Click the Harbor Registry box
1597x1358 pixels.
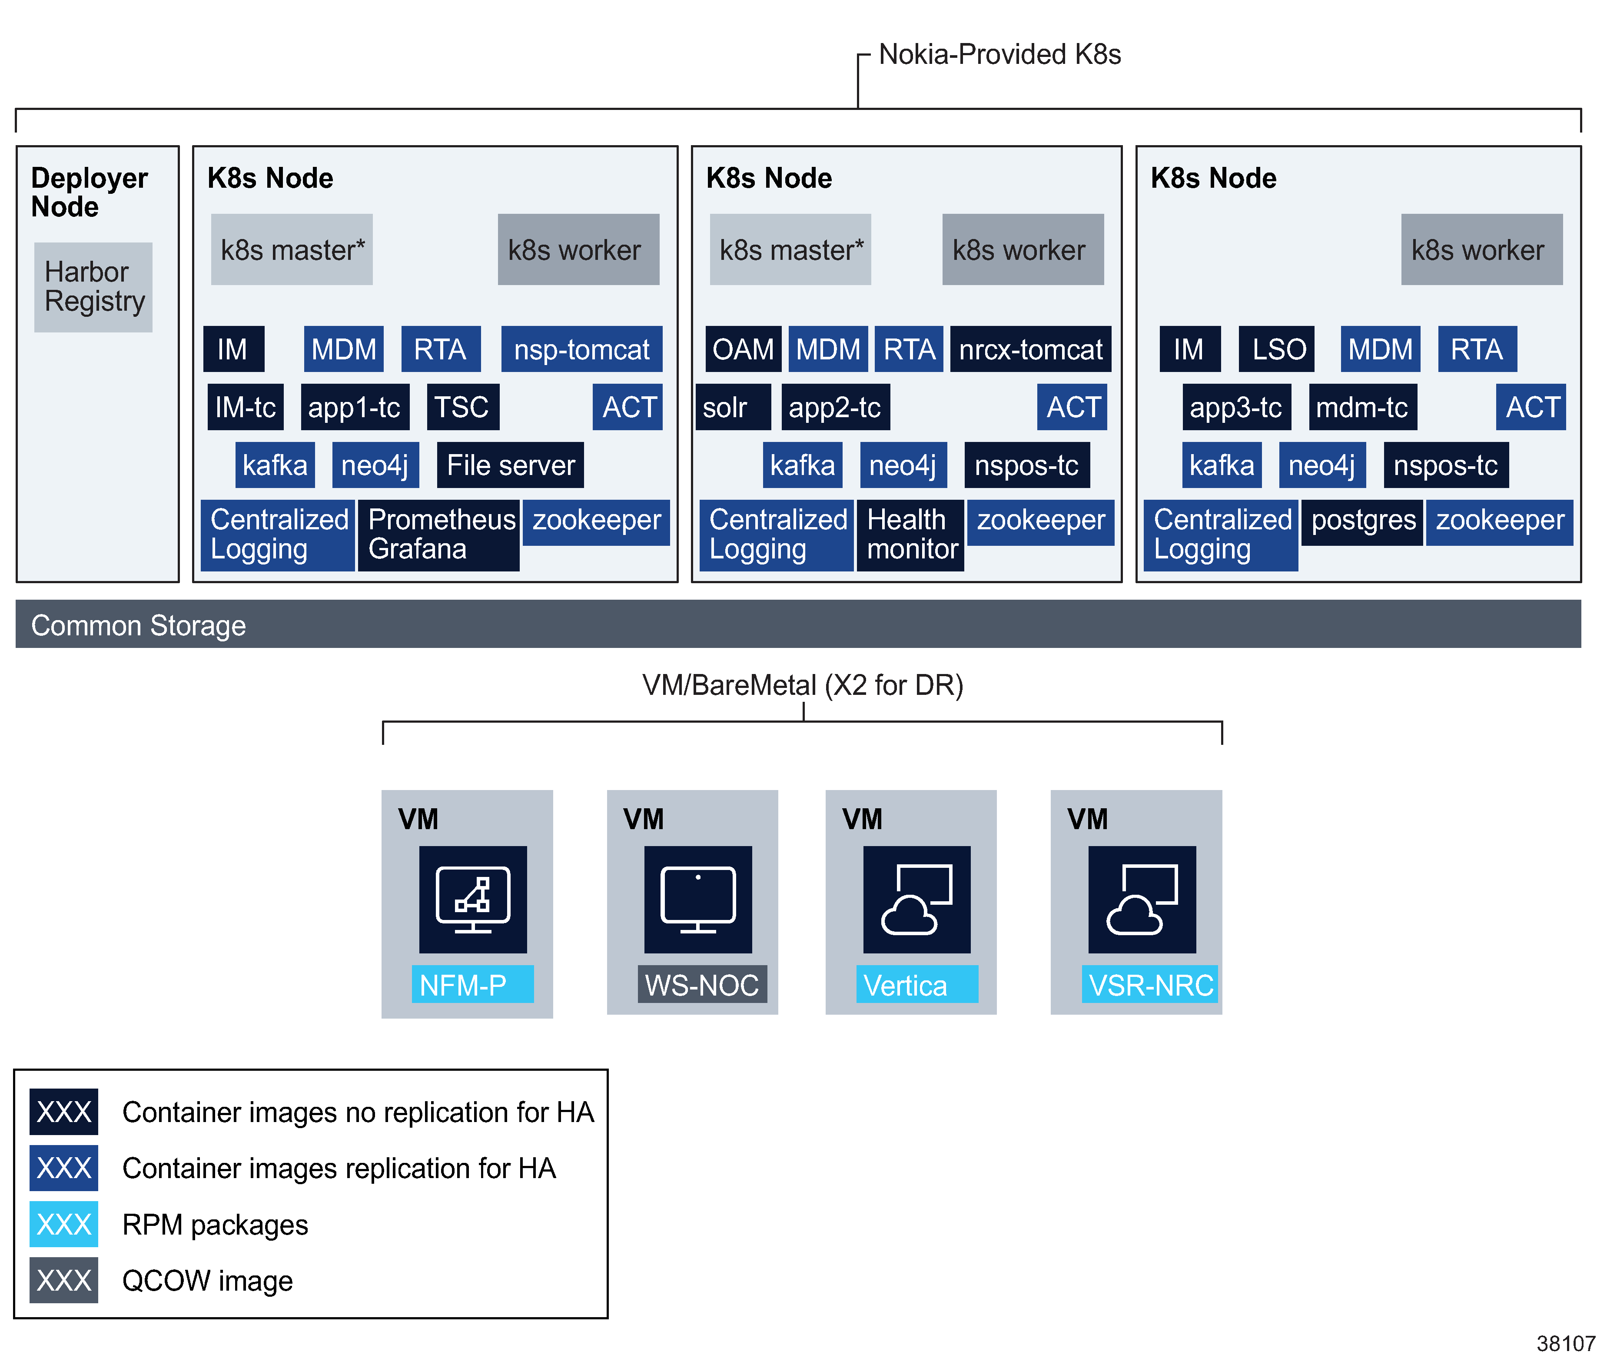pyautogui.click(x=93, y=287)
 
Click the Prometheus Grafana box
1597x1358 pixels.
pyautogui.click(x=439, y=534)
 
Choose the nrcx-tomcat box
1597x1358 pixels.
pyautogui.click(x=1030, y=349)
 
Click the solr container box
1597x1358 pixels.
pyautogui.click(x=731, y=407)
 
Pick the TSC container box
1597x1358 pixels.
pyautogui.click(x=462, y=407)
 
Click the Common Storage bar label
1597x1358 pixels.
pyautogui.click(x=139, y=625)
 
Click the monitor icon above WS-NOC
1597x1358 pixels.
pyautogui.click(x=697, y=899)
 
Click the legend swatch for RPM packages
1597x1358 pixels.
pyautogui.click(x=64, y=1224)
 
